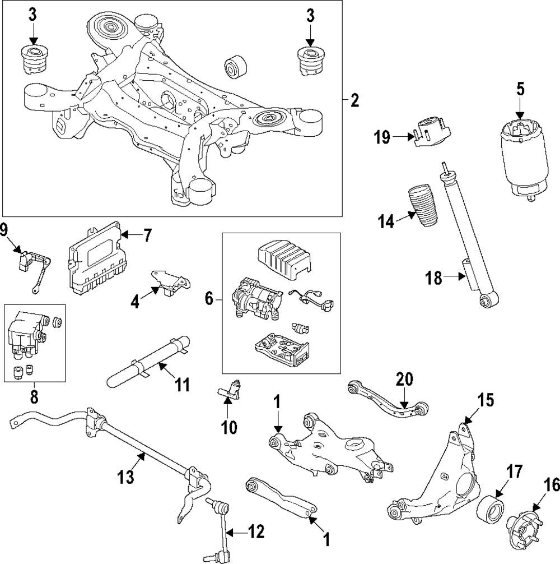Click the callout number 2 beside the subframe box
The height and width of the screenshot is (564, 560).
[354, 101]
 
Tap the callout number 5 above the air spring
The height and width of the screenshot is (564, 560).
[520, 89]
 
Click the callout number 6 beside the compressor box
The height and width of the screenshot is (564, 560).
[209, 299]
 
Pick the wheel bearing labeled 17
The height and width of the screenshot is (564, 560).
[491, 508]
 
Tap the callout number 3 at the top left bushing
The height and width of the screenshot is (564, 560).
[33, 15]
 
